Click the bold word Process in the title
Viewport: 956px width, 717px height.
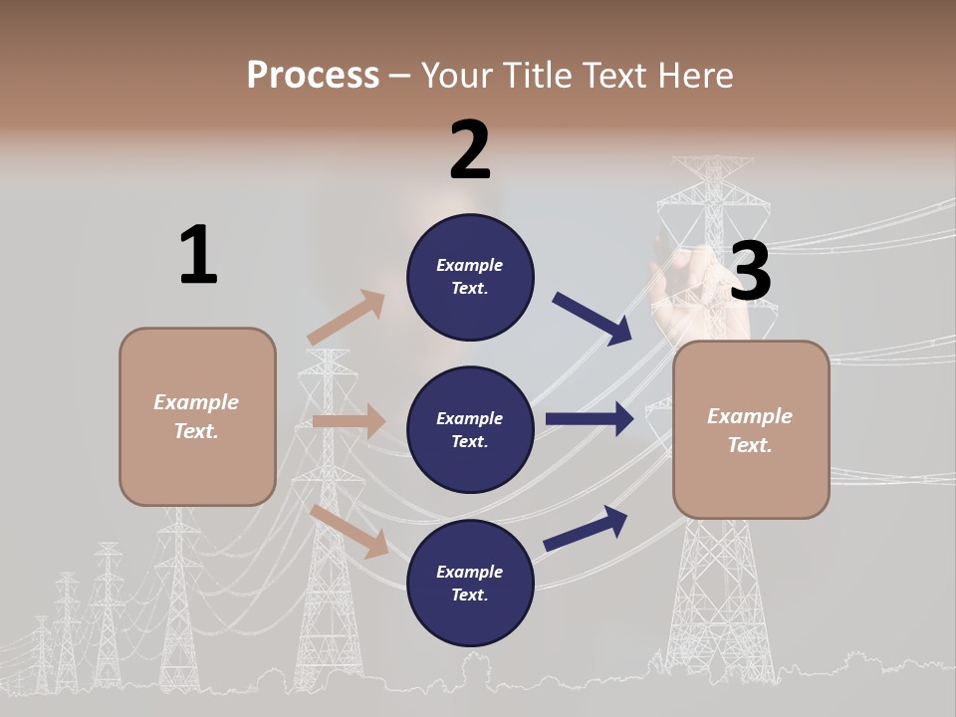click(x=313, y=75)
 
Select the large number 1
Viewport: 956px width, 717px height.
click(x=198, y=256)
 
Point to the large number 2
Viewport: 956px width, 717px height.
click(x=470, y=150)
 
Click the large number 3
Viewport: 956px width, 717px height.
click(x=750, y=272)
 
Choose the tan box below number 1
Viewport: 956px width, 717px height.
click(x=197, y=416)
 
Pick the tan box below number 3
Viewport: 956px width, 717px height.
click(x=751, y=429)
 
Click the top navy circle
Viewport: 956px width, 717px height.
click(x=470, y=277)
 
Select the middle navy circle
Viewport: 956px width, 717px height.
click(x=470, y=429)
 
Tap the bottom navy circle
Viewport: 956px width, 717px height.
click(x=470, y=583)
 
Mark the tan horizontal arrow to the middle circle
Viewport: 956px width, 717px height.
click(x=349, y=421)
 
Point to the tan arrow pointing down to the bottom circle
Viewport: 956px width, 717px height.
click(x=350, y=531)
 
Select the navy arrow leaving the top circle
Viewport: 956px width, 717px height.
click(x=593, y=318)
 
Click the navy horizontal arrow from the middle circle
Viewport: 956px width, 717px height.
click(x=590, y=419)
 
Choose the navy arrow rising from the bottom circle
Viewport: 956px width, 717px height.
click(x=587, y=527)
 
